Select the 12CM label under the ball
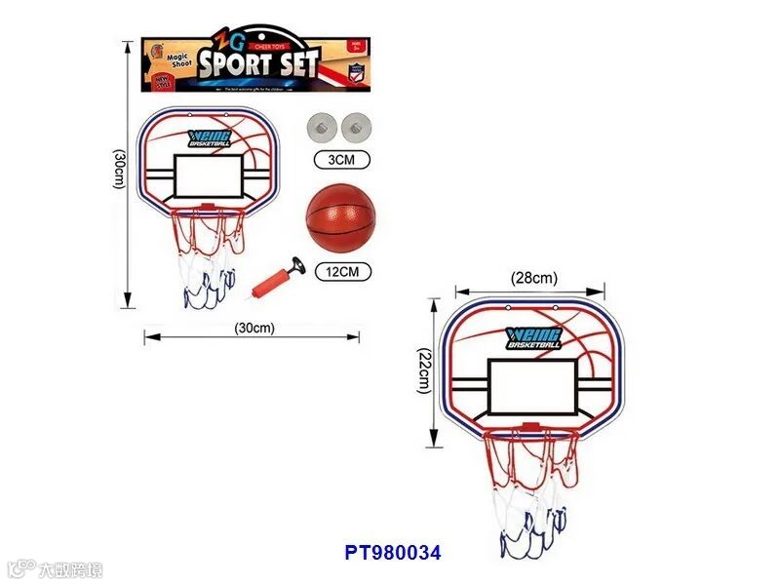pos(342,272)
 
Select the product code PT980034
pos(393,552)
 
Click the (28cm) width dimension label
pos(533,278)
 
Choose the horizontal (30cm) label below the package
pos(254,328)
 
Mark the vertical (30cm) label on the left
pos(118,172)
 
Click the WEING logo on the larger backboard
pos(534,337)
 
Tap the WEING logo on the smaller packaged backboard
pos(212,138)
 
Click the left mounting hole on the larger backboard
pos(509,308)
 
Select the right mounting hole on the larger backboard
pos(557,308)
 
